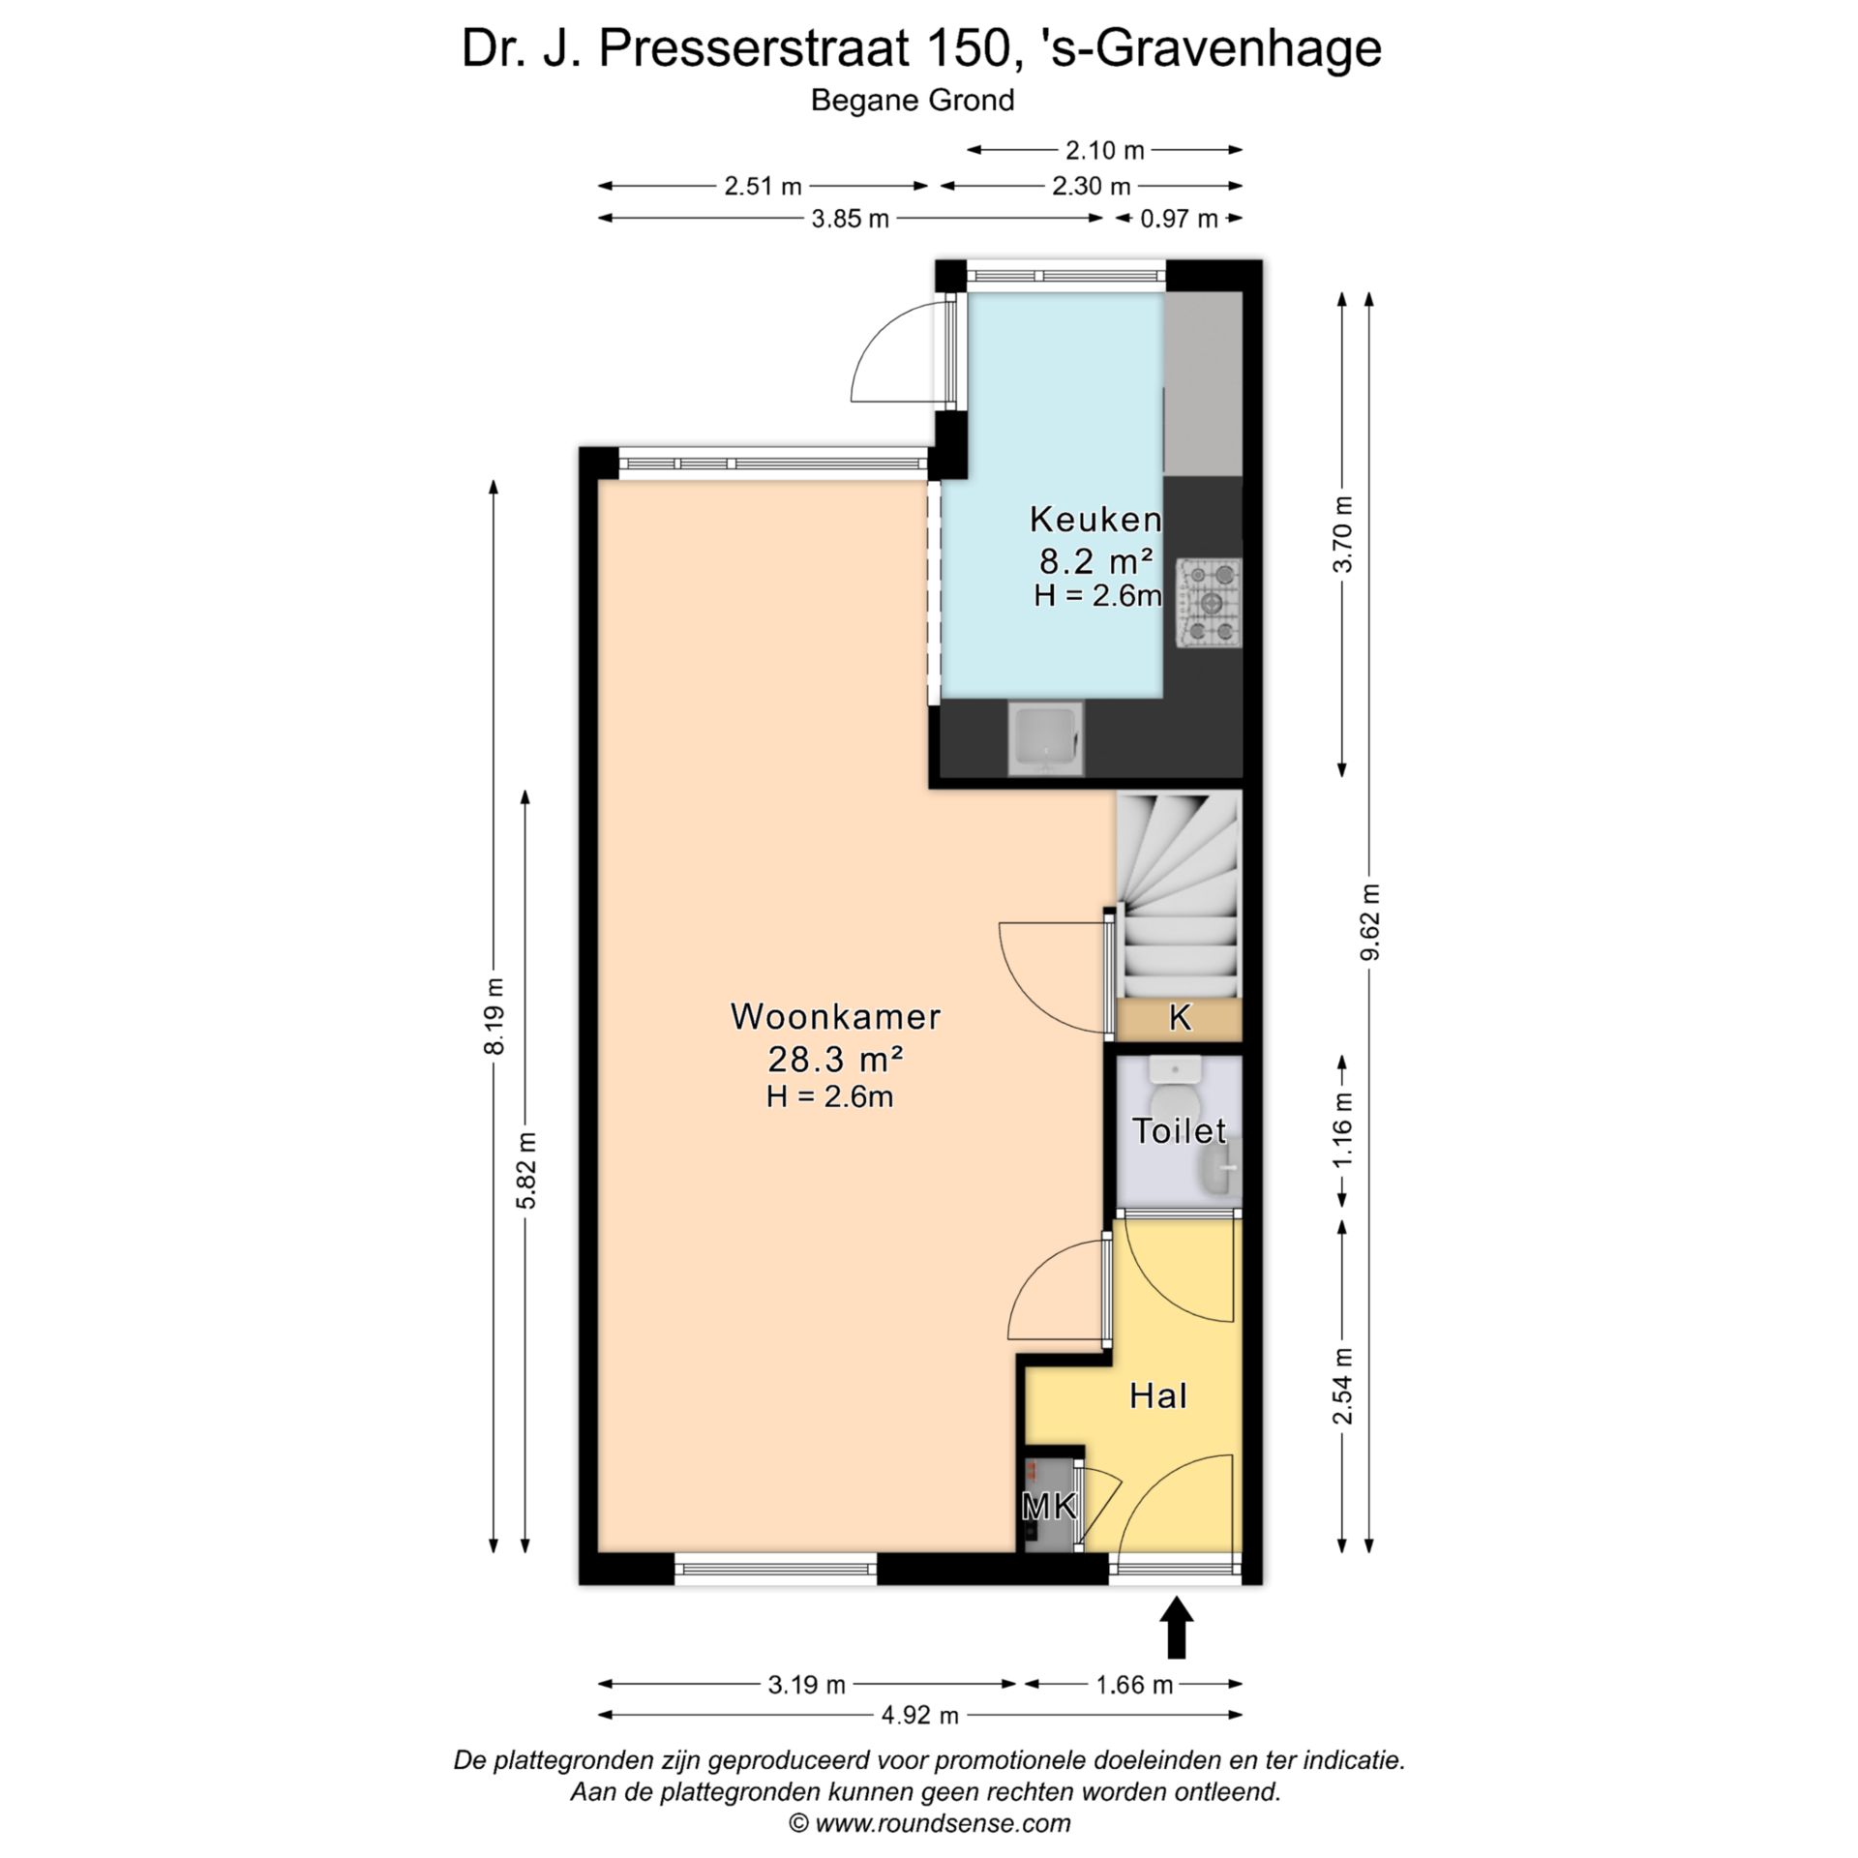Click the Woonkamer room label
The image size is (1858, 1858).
835,1016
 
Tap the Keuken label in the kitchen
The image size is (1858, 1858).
1095,520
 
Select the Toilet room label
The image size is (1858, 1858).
1179,1130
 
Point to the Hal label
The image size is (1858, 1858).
1158,1395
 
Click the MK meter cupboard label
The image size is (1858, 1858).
1049,1505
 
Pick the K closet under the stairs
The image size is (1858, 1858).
1180,1018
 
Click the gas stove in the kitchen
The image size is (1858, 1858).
1209,603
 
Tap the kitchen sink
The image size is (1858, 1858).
1046,739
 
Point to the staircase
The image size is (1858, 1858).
1179,895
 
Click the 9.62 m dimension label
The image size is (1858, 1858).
1370,922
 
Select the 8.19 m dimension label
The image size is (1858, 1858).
494,1015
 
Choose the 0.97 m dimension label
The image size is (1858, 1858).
1178,219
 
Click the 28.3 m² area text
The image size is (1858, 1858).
835,1060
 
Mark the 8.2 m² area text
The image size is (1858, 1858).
1095,561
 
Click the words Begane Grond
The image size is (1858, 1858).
913,101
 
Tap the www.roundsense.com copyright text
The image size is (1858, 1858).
943,1823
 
